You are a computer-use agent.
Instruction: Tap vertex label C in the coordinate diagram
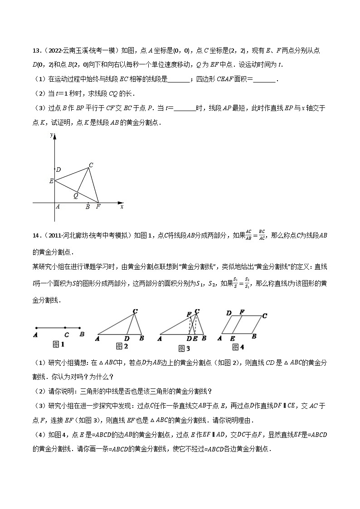click(x=91, y=165)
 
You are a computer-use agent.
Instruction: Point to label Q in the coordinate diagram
click(x=76, y=196)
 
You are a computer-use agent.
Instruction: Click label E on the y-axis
click(x=51, y=181)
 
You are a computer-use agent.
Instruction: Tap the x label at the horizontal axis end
click(x=122, y=207)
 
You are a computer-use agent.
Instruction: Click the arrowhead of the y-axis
click(x=54, y=135)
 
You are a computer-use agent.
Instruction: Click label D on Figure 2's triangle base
click(x=126, y=338)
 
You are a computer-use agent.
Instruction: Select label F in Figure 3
click(x=189, y=314)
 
